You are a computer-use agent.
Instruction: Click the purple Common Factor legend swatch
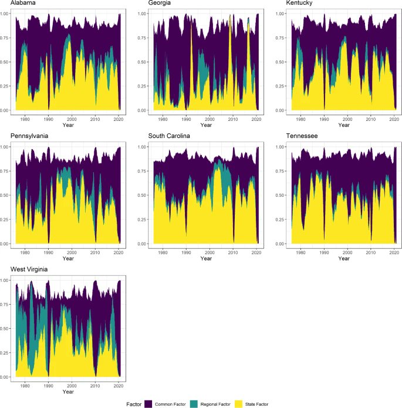coord(148,403)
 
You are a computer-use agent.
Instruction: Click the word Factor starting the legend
coord(133,403)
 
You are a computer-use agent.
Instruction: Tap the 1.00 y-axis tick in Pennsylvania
coord(4,147)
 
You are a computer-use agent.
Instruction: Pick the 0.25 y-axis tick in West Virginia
coord(4,353)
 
